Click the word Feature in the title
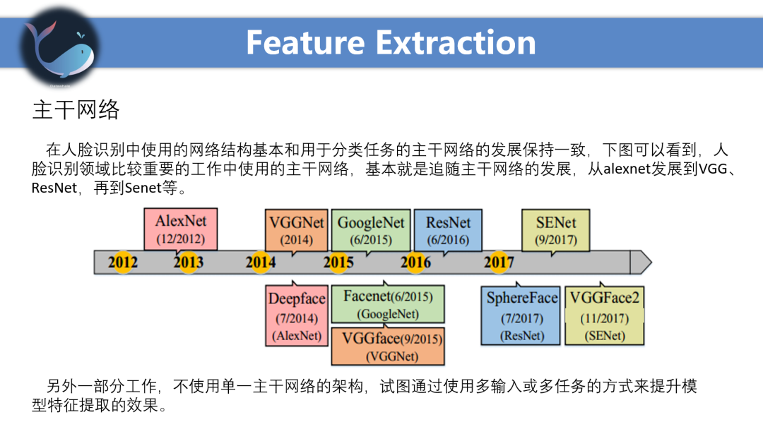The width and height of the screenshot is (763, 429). point(306,42)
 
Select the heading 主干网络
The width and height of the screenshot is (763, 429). point(76,110)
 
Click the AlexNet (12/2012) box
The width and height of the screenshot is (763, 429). point(180,229)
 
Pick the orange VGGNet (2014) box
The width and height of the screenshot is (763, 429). point(297,230)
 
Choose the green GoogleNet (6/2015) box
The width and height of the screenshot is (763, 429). point(371,230)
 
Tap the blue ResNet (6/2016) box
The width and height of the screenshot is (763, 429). point(448,230)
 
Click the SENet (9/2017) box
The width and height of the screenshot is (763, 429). point(555,230)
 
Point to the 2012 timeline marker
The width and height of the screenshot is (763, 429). point(123,262)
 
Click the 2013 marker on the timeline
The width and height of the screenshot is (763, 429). point(189,262)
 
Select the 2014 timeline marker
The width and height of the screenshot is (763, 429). point(261,262)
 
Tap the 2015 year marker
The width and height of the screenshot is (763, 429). point(338,262)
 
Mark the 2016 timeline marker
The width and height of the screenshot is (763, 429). point(415,262)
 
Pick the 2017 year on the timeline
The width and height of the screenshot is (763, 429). point(499,262)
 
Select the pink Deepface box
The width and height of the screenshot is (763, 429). point(297,316)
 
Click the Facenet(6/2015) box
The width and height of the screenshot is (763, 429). point(388,304)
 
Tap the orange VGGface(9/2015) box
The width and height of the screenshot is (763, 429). point(388,346)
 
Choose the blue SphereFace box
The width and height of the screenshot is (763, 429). point(522,316)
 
